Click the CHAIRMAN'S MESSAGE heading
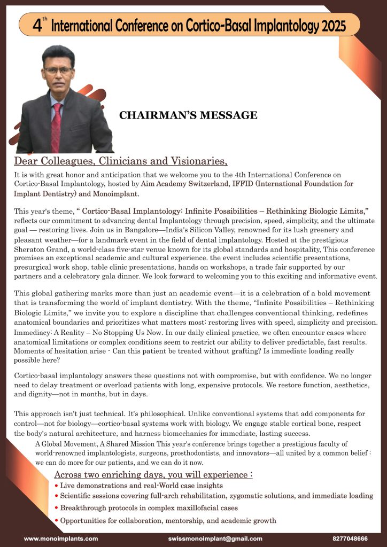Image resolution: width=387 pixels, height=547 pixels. coord(188,115)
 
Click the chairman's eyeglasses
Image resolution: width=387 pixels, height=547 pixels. coord(59,70)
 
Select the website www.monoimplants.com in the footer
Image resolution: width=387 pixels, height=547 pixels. coord(61,538)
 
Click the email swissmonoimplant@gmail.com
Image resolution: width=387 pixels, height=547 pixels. coord(215,538)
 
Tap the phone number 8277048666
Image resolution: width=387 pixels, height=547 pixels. coord(350,538)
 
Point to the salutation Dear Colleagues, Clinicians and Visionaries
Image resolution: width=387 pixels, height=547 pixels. coord(120,161)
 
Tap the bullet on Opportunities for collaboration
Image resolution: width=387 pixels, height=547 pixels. coord(168,520)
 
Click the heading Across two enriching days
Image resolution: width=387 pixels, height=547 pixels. coord(153,475)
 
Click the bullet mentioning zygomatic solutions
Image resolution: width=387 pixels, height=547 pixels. coord(216,496)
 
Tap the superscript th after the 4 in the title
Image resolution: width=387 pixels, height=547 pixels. coord(44,19)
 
